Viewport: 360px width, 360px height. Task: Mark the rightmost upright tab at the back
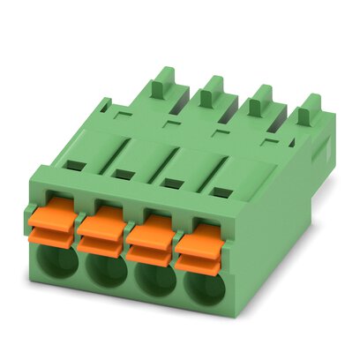tap(308, 116)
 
